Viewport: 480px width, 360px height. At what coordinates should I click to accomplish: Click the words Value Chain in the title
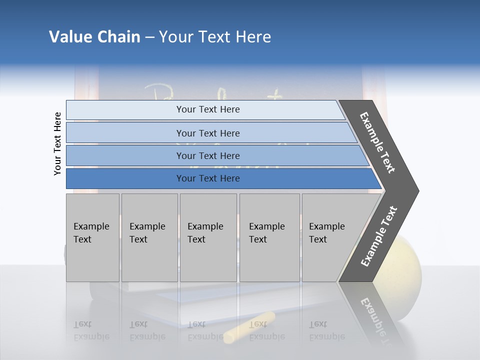tap(94, 37)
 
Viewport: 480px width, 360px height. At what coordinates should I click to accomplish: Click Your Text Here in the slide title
tap(215, 37)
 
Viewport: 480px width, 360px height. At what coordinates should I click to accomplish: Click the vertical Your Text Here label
tap(57, 143)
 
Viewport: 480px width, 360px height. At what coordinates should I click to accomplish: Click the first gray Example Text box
tap(92, 237)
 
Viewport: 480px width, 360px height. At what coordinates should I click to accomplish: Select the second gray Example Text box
tap(149, 237)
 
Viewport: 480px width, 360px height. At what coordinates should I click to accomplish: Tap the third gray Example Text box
tap(208, 237)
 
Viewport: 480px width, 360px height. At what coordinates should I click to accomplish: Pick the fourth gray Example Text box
tap(269, 237)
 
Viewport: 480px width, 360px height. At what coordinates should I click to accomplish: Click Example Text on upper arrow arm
tap(378, 142)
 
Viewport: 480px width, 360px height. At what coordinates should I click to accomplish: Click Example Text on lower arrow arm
tap(379, 236)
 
